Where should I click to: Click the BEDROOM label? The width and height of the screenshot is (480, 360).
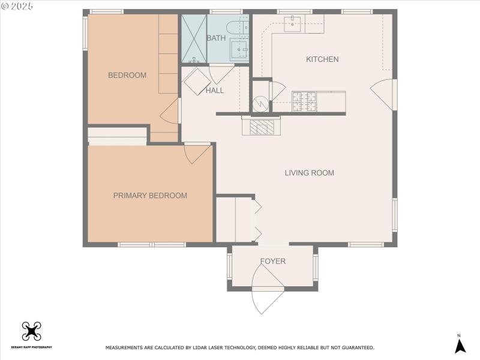tap(127, 75)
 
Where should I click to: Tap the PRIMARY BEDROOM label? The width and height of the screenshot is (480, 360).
tap(150, 196)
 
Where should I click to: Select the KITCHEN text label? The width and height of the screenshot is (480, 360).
tap(322, 59)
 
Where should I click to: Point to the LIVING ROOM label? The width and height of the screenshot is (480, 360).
tap(309, 173)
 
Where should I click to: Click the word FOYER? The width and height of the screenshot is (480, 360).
tap(272, 262)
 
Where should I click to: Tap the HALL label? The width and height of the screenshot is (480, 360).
tap(214, 91)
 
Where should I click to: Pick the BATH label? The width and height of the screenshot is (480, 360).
tap(216, 38)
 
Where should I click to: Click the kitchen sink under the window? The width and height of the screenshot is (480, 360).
tap(294, 23)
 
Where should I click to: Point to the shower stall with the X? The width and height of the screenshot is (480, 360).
tap(194, 38)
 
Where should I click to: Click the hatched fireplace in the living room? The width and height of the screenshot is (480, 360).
tap(261, 127)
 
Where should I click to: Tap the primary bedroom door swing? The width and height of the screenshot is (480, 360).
tap(196, 154)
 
